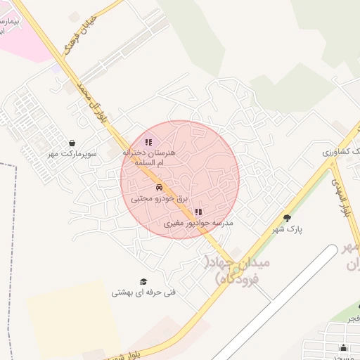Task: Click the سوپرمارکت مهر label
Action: (x=72, y=153)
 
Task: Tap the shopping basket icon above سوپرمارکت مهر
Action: (x=73, y=143)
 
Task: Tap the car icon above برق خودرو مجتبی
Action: (x=160, y=188)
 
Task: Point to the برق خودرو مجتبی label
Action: (x=160, y=200)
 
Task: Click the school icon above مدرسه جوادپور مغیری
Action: (x=198, y=212)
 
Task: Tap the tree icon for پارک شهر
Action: (x=287, y=218)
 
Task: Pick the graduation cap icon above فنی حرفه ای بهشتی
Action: (x=143, y=281)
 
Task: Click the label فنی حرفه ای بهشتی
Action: (x=143, y=292)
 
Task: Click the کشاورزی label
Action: (x=340, y=151)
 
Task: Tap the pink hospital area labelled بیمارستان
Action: (x=25, y=28)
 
